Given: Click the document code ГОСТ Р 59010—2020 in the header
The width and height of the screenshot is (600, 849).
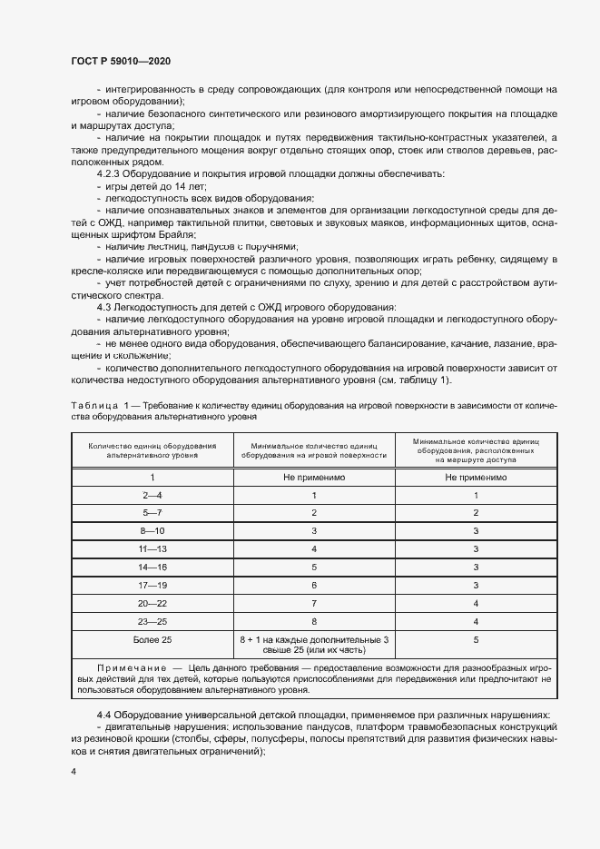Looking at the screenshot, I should coord(120,60).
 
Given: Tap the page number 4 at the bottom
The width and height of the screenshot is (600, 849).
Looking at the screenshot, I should coord(74,771).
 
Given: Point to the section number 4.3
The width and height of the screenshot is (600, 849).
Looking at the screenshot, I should coord(104,308).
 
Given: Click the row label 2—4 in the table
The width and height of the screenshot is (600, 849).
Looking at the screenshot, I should coord(152,495).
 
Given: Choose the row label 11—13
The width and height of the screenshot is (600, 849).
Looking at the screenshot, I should coord(152,549).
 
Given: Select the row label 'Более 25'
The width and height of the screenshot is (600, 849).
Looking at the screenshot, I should coord(152,640).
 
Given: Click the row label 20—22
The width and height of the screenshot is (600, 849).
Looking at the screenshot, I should coord(152,604).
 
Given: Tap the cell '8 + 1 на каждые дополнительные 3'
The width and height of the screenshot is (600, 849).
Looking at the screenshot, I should coord(313,639).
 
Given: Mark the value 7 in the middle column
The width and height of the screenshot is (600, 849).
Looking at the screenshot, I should coord(313,604).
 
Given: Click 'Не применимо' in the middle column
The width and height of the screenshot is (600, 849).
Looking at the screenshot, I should coord(313,477).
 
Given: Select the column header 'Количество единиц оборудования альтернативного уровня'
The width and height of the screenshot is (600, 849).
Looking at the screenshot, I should coord(152,450).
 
